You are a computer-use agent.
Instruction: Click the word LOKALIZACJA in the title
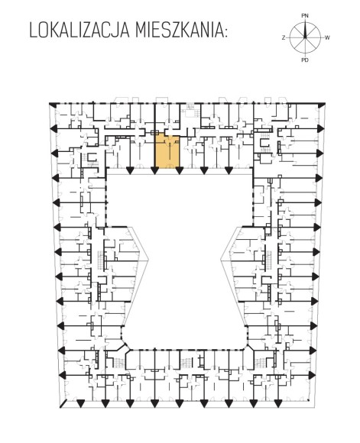pyautogui.click(x=79, y=31)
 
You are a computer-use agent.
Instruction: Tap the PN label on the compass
pyautogui.click(x=305, y=16)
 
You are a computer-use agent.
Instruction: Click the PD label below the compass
pyautogui.click(x=305, y=60)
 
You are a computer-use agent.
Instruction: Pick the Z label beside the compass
pyautogui.click(x=284, y=37)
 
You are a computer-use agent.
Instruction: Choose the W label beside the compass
pyautogui.click(x=327, y=37)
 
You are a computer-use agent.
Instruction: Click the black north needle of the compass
pyautogui.click(x=305, y=31)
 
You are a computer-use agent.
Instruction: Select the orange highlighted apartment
pyautogui.click(x=167, y=151)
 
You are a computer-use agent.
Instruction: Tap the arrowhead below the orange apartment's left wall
pyautogui.click(x=154, y=170)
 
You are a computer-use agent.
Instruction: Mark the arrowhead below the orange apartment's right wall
pyautogui.click(x=180, y=170)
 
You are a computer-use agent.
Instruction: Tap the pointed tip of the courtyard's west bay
pyautogui.click(x=148, y=260)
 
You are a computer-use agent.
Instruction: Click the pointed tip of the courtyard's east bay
pyautogui.click(x=221, y=260)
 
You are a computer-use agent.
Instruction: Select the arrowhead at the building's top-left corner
pyautogui.click(x=52, y=105)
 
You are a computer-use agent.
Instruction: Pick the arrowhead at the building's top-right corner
pyautogui.click(x=321, y=105)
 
